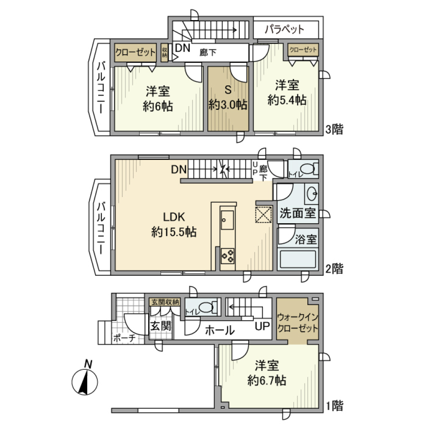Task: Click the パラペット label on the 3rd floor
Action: pyautogui.click(x=285, y=30)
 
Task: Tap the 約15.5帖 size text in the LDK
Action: pyautogui.click(x=174, y=232)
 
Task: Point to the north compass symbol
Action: pyautogui.click(x=85, y=380)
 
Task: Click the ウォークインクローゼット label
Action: pyautogui.click(x=297, y=323)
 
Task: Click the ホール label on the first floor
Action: pyautogui.click(x=220, y=330)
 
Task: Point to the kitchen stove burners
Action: pyautogui.click(x=228, y=255)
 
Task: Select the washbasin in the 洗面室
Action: pyautogui.click(x=311, y=194)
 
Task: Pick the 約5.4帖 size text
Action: pyautogui.click(x=286, y=101)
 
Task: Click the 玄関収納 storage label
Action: pyautogui.click(x=165, y=302)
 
